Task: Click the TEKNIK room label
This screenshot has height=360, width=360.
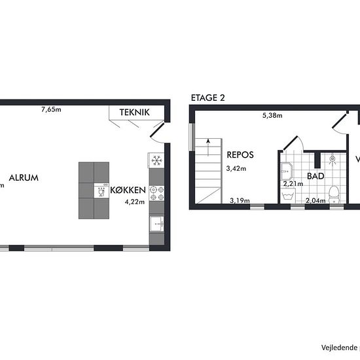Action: click(x=134, y=113)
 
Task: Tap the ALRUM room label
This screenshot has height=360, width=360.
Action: click(x=24, y=177)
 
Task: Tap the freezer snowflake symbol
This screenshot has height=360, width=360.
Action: click(x=156, y=160)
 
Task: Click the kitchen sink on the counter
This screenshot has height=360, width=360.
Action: click(x=156, y=225)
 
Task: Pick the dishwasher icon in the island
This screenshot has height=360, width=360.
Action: click(x=101, y=191)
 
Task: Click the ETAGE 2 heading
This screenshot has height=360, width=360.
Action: click(x=207, y=98)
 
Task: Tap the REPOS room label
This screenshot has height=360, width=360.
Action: click(x=240, y=156)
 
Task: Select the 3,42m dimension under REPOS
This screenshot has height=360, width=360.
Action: click(x=236, y=169)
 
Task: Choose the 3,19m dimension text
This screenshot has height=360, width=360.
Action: click(x=240, y=201)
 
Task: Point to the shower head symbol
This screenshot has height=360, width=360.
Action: click(x=333, y=158)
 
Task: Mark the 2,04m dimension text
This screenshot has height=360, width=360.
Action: click(x=315, y=201)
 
